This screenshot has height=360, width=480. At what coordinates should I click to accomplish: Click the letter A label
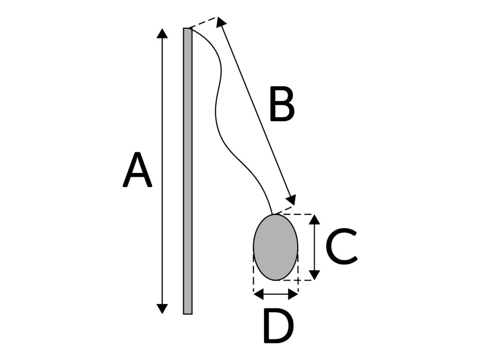137,170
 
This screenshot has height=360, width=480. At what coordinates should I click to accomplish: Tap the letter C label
341,246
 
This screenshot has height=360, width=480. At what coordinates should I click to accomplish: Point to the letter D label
278,326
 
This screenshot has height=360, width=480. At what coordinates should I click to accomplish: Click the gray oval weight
276,247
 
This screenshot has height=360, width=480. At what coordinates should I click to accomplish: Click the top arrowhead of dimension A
162,33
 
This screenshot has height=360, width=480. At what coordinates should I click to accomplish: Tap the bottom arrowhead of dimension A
162,308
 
